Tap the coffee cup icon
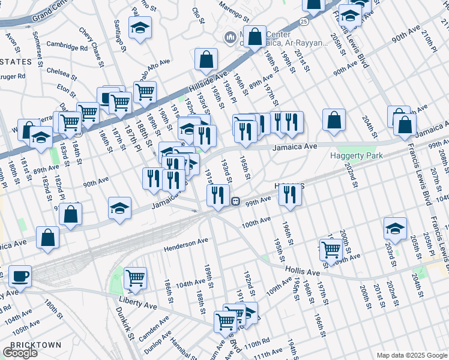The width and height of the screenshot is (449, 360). point(20,276)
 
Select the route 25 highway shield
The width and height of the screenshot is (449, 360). point(305,22)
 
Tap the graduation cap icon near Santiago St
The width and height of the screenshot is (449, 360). point(140,28)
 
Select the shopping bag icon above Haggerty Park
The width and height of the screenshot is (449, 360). point(334,120)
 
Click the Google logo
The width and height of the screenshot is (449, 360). point(20,353)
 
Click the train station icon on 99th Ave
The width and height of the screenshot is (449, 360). point(237,202)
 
